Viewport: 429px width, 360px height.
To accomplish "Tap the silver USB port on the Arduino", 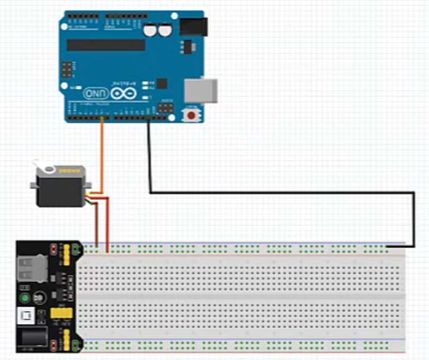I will [x=201, y=90].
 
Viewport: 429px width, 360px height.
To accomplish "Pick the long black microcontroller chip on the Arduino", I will [x=106, y=45].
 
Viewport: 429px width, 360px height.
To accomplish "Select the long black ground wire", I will [x=283, y=192].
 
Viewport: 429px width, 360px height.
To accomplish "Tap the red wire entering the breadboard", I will [x=108, y=225].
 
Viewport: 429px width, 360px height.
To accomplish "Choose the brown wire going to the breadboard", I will [x=97, y=225].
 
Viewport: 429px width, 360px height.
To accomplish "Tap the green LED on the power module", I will [x=25, y=298].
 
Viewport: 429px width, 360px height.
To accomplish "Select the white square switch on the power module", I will [x=25, y=317].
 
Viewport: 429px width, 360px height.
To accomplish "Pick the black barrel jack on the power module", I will [x=31, y=337].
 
